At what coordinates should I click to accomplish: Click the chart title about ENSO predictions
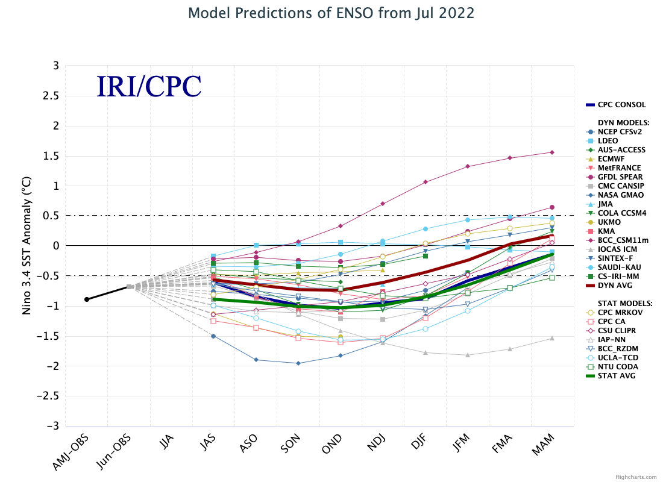tap(331, 13)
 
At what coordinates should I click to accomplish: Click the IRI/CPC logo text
tap(149, 87)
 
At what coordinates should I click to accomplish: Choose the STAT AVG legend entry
tap(614, 376)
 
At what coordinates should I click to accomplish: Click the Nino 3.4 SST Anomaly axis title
tap(27, 246)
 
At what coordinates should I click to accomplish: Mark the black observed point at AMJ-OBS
tap(87, 299)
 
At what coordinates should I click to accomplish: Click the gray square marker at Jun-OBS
tap(129, 287)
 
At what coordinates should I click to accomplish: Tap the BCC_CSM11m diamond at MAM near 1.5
tap(552, 152)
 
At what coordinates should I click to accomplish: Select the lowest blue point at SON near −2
tap(298, 363)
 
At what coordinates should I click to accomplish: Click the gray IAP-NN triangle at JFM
tap(468, 355)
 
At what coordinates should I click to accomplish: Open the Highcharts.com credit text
tap(636, 477)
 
